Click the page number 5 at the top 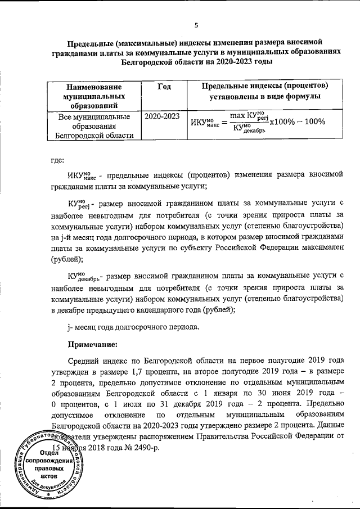click(196, 25)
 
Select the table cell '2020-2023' click(163, 116)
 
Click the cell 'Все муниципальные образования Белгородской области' click(93, 126)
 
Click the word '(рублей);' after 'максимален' click(66, 259)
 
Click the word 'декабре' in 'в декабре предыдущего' click(71, 310)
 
